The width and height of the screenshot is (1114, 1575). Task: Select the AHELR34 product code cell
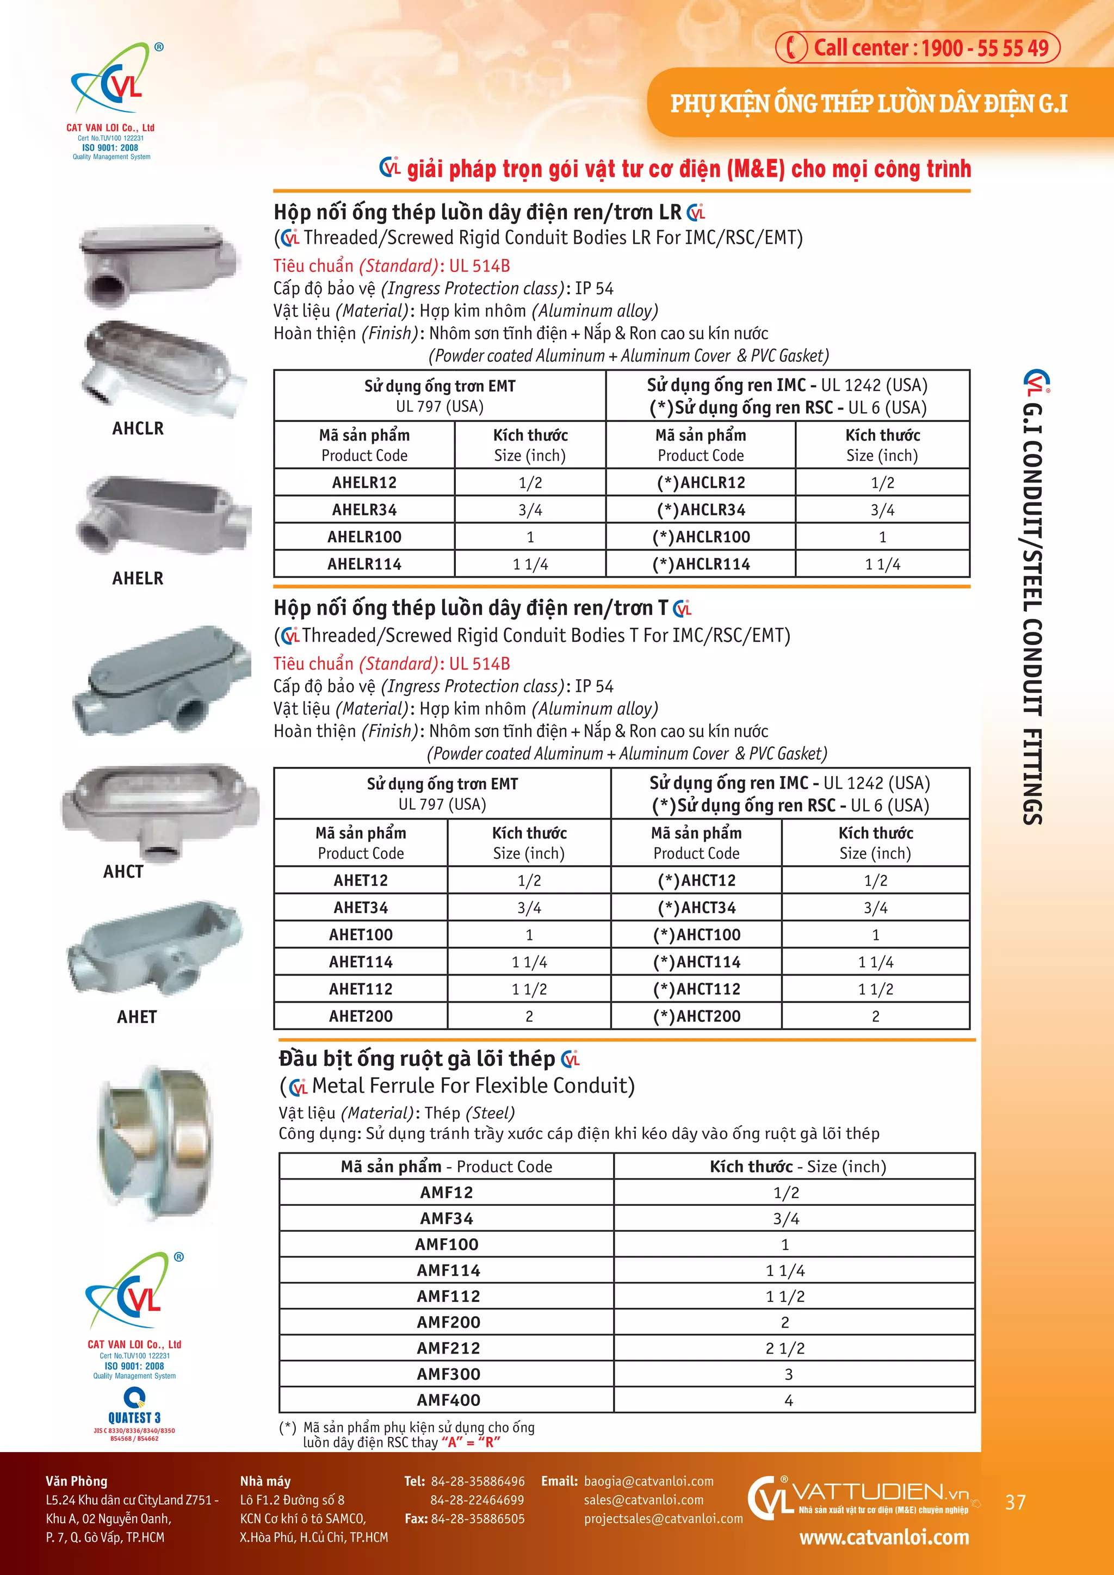364,510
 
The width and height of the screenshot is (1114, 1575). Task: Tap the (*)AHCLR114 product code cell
701,564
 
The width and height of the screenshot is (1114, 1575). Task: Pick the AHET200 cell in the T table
361,1016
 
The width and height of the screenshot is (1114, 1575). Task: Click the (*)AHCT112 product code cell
696,989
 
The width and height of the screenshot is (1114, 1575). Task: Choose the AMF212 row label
448,1348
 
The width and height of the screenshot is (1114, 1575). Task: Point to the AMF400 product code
448,1400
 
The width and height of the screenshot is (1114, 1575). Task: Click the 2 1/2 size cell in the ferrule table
785,1348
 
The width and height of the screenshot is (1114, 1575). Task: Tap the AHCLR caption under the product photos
138,429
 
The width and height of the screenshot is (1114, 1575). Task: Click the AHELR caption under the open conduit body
138,578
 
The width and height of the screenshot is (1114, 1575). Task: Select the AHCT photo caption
123,871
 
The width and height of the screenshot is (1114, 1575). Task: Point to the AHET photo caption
137,1016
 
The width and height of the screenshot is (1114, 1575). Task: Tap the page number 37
1014,1502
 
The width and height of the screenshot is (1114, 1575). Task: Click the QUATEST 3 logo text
134,1418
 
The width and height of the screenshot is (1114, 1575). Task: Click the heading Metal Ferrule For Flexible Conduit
473,1085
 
